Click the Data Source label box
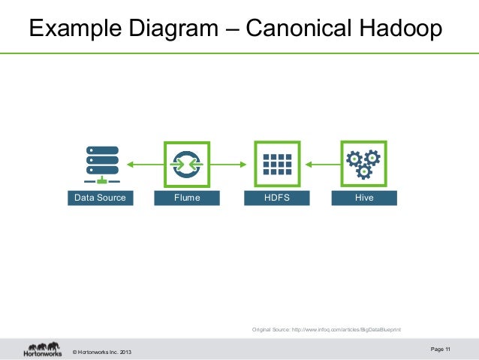tap(98, 198)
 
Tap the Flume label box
tap(187, 198)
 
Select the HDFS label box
tap(277, 198)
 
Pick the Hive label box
tap(364, 198)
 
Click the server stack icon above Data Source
tap(101, 165)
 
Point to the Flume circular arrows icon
tap(187, 164)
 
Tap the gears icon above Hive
tap(363, 163)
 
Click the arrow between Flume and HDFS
tap(232, 164)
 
